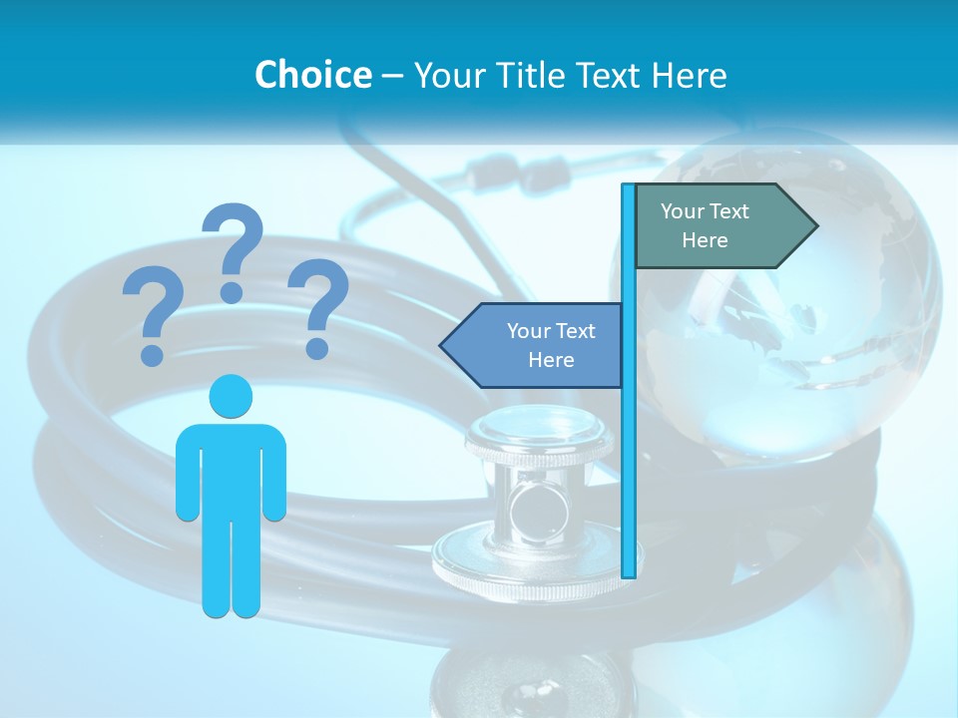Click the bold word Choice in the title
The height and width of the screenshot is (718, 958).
[x=312, y=75]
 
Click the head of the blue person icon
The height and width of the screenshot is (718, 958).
[x=231, y=396]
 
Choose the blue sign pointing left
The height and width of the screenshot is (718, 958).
[x=534, y=345]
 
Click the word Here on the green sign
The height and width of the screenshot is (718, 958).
[x=705, y=240]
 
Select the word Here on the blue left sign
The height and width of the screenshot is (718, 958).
[x=551, y=360]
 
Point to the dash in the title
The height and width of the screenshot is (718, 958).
[x=392, y=75]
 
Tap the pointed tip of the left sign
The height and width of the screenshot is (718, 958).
[x=442, y=345]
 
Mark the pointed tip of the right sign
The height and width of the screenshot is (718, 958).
[x=815, y=226]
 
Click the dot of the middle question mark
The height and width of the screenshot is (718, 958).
[x=232, y=292]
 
